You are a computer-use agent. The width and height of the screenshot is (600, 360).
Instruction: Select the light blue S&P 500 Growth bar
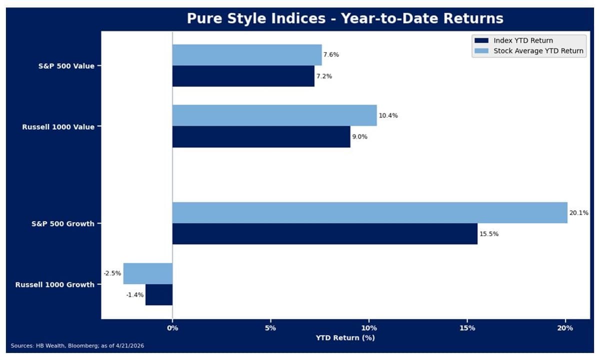coord(369,212)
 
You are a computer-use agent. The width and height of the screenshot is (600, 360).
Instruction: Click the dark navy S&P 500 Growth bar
coord(324,233)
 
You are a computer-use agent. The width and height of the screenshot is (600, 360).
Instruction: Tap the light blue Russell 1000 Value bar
coord(274,115)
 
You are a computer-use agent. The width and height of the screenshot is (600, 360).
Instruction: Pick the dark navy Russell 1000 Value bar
coord(261,136)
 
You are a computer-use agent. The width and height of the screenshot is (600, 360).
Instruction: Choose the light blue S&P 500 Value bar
coord(247,55)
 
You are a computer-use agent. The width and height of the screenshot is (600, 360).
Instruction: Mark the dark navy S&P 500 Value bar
coord(243,76)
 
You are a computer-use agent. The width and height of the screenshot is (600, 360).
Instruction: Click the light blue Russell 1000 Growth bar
coord(148,273)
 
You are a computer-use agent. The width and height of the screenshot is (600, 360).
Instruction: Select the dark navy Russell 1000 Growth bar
coord(159,294)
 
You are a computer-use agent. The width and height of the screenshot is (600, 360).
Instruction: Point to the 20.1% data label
coord(578,213)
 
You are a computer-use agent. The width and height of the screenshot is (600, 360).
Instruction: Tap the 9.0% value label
coord(359,136)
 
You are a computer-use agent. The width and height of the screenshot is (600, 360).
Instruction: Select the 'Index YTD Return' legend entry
coord(523,40)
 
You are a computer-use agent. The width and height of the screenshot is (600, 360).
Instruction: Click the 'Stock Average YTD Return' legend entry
coord(538,50)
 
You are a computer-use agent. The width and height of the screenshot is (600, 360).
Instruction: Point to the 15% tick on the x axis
coord(466,328)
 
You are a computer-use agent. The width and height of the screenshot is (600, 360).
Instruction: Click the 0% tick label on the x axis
coord(172,328)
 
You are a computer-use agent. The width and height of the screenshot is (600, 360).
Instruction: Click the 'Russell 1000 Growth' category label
coord(55,284)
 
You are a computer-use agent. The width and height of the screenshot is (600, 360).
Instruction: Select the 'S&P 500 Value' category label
coord(66,66)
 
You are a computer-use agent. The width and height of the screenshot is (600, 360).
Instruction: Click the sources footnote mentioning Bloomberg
coord(77,345)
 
